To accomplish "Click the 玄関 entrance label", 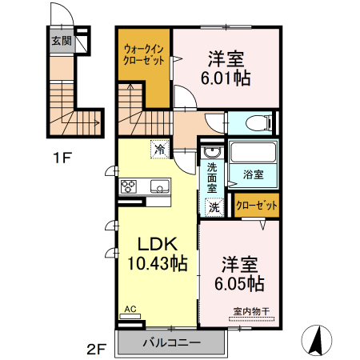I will [x=62, y=39].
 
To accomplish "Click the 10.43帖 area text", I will [x=157, y=262].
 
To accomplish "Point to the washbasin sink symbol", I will [x=212, y=153].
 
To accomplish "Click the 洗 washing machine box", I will [x=214, y=206].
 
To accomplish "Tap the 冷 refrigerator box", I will [x=160, y=149].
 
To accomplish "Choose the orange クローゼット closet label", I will [x=258, y=206].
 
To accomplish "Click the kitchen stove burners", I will [x=130, y=187].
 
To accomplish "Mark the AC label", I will [x=129, y=309].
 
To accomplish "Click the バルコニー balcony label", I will [x=172, y=343].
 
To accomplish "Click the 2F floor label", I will [x=96, y=349].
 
